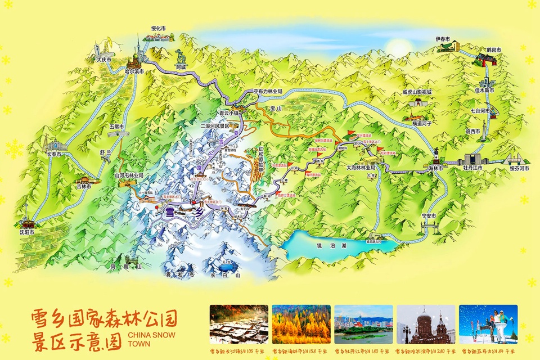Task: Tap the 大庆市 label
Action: (x=103, y=59)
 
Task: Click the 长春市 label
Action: (x=55, y=154)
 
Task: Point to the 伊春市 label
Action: (x=443, y=39)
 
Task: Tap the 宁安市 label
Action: (x=429, y=216)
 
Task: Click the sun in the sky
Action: (x=400, y=47)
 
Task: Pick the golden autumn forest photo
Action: (x=300, y=324)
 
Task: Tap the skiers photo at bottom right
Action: (x=488, y=324)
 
